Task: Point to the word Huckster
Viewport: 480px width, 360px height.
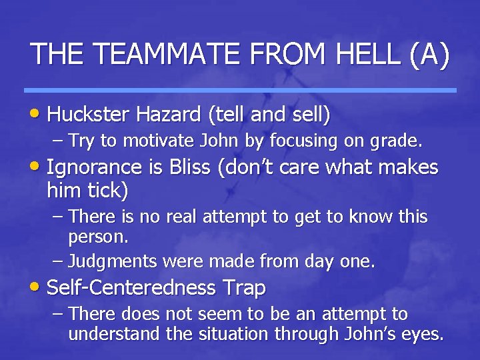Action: tap(92, 115)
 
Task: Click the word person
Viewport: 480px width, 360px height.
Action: tap(97, 236)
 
